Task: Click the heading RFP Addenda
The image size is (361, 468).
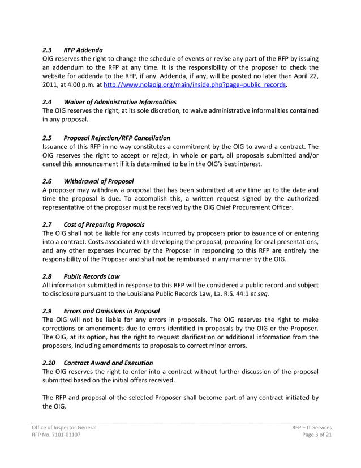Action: [83, 50]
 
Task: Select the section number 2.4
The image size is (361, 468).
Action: [48, 102]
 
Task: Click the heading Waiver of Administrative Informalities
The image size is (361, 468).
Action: [120, 102]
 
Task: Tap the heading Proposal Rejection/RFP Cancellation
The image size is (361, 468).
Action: [117, 138]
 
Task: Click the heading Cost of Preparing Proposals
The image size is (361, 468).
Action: [104, 224]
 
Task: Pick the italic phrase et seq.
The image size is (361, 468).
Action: [258, 293]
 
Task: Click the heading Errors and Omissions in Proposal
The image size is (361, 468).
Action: [111, 311]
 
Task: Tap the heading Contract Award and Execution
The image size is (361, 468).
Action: [108, 363]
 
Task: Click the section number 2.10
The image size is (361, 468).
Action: [50, 363]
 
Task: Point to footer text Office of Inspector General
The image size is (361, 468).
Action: [63, 428]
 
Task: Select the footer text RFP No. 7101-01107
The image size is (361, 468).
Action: [55, 436]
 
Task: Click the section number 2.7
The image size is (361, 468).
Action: [48, 224]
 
